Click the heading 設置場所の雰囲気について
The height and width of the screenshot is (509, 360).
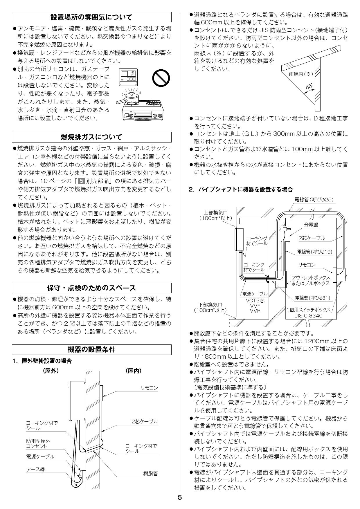pyautogui.click(x=91, y=17)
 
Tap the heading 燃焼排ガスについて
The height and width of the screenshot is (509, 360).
pyautogui.click(x=91, y=137)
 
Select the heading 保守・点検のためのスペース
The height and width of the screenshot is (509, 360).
pyautogui.click(x=91, y=288)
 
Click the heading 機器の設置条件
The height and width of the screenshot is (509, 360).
pyautogui.click(x=91, y=349)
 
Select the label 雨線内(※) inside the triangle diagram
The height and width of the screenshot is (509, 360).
pyautogui.click(x=301, y=74)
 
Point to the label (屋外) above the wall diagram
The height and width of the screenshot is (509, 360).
pyautogui.click(x=51, y=371)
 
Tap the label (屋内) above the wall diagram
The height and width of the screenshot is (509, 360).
pyautogui.click(x=134, y=371)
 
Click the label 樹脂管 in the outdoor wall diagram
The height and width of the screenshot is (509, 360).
pyautogui.click(x=150, y=474)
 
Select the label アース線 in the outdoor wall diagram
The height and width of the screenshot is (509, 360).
pyautogui.click(x=36, y=470)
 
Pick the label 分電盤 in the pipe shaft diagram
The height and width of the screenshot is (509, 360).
pyautogui.click(x=311, y=225)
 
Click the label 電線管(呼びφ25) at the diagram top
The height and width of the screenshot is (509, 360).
pyautogui.click(x=314, y=200)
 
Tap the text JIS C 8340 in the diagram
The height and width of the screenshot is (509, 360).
pyautogui.click(x=308, y=316)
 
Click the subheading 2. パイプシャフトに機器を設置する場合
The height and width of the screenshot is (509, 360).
pyautogui.click(x=241, y=189)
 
